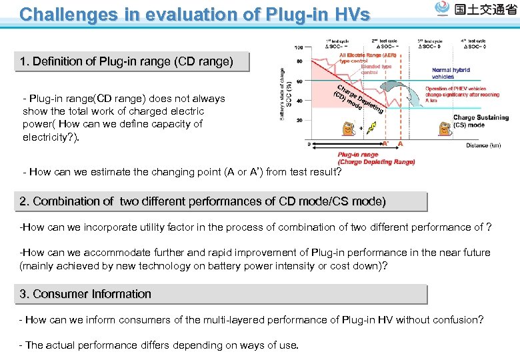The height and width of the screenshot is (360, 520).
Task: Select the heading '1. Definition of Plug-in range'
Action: click(127, 62)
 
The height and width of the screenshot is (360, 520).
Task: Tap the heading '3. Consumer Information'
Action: click(85, 294)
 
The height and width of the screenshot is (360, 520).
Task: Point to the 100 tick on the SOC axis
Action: click(299, 47)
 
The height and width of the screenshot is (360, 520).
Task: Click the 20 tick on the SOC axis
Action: click(299, 120)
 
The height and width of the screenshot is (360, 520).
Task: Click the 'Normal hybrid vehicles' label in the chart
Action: click(451, 73)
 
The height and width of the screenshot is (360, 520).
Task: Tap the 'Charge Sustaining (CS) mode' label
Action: click(480, 121)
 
